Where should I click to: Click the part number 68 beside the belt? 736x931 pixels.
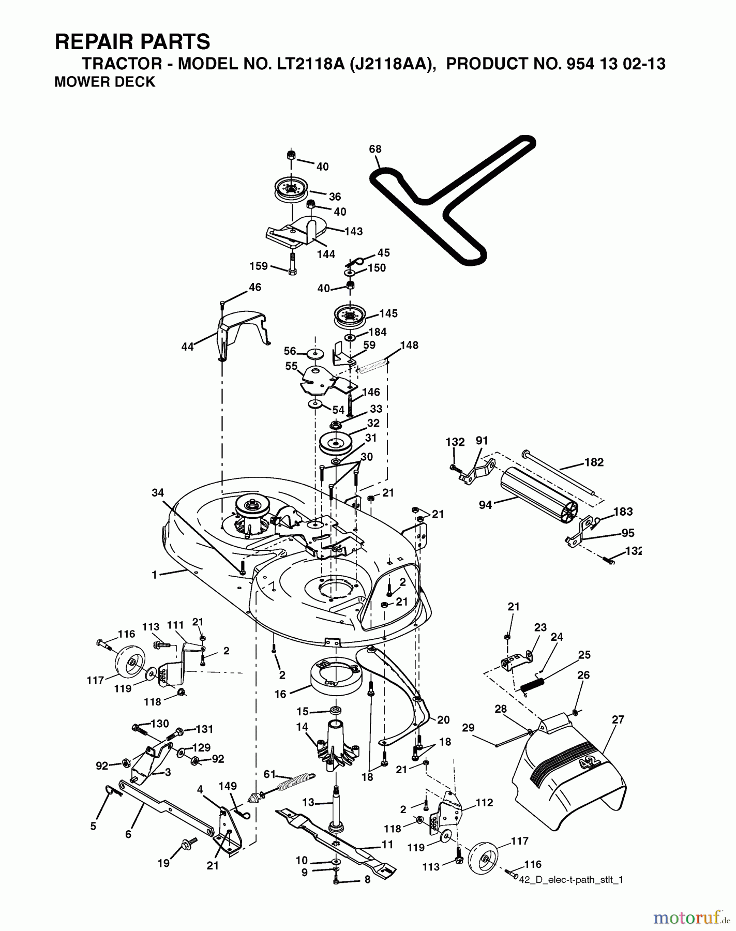click(x=375, y=149)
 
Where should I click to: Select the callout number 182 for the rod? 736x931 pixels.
click(x=593, y=462)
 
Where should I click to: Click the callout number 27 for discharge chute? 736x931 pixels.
click(x=618, y=719)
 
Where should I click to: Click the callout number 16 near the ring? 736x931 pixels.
click(x=280, y=694)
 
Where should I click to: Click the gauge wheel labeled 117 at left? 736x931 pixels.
click(x=128, y=664)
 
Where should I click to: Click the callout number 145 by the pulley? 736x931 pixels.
click(x=388, y=313)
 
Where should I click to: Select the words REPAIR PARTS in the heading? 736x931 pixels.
click(x=132, y=41)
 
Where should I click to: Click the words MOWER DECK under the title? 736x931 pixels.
click(x=104, y=82)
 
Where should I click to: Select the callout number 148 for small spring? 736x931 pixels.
click(x=409, y=345)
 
